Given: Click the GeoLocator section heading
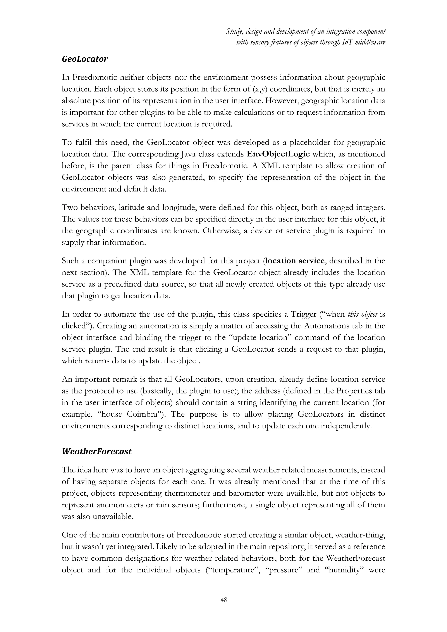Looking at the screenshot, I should click(85, 59).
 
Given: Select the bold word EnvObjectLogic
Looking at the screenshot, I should click(278, 154).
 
